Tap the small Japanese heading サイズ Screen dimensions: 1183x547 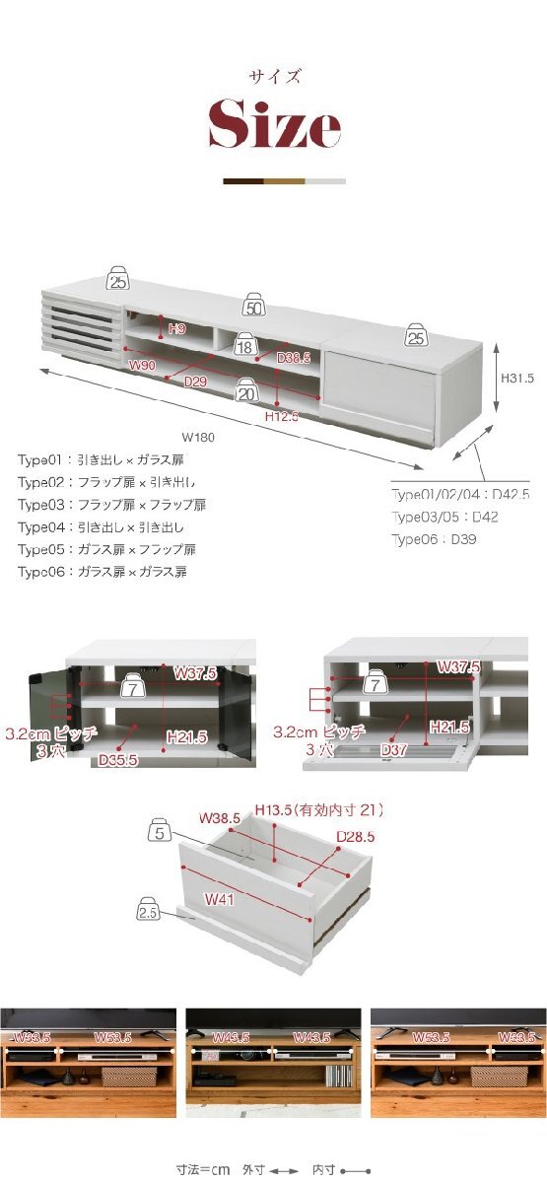point(274,76)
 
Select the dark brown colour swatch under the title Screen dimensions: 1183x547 point(243,181)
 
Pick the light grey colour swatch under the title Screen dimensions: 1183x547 point(326,181)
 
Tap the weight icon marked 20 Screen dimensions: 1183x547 point(246,391)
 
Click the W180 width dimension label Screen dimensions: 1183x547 point(198,437)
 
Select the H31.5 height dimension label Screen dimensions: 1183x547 point(515,378)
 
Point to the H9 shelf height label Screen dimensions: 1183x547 point(176,328)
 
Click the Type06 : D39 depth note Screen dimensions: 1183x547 point(434,539)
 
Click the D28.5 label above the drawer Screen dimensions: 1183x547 point(356,837)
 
